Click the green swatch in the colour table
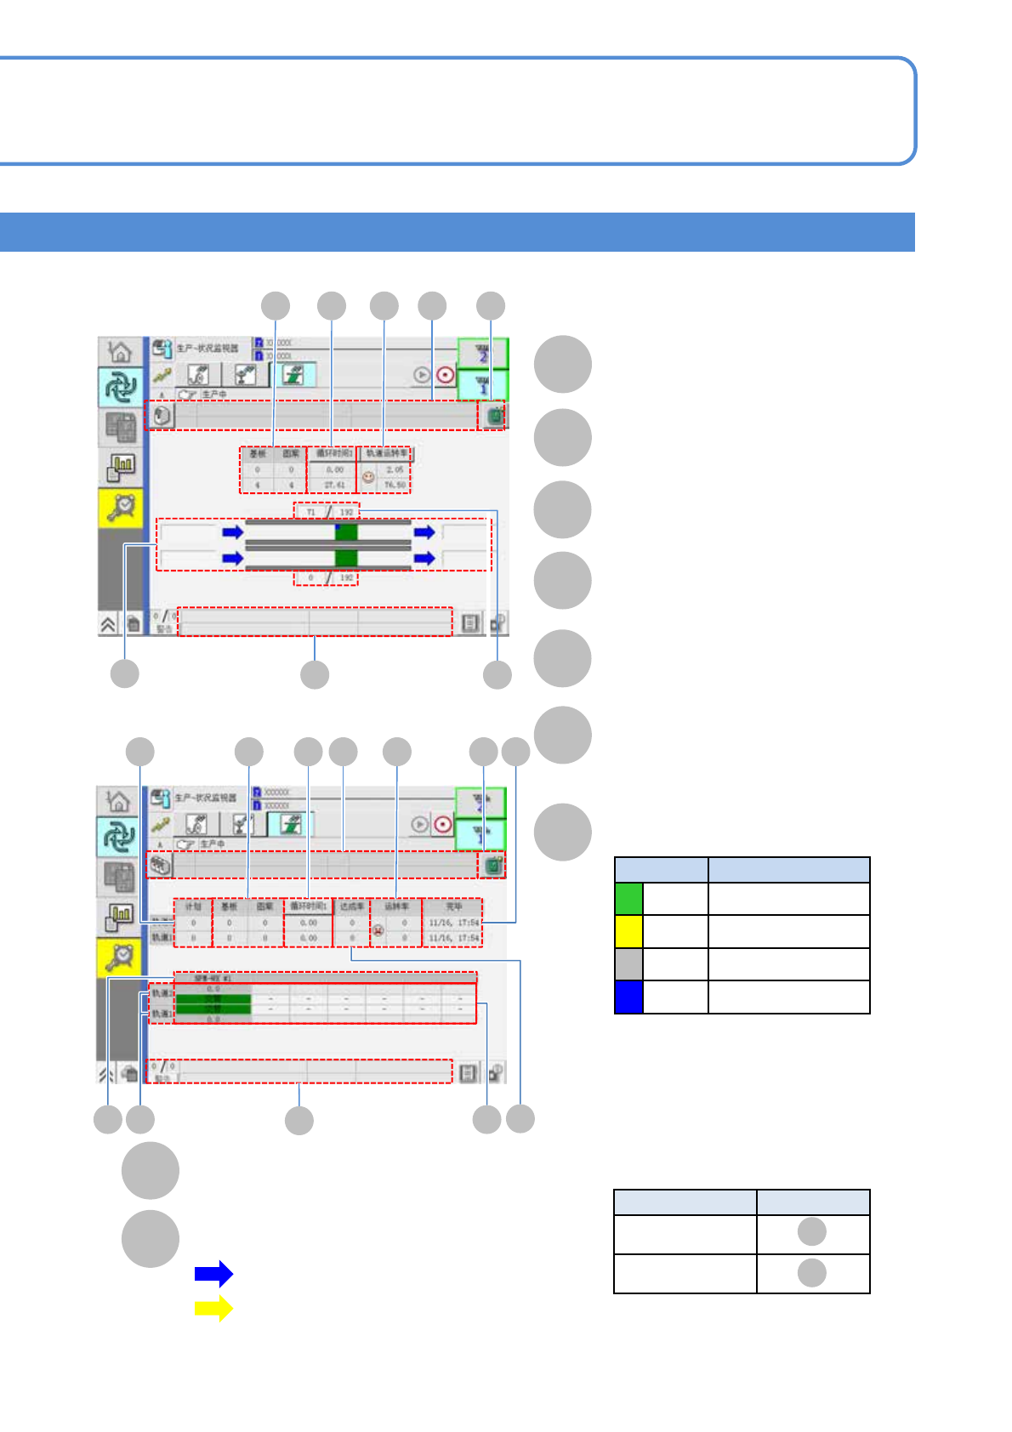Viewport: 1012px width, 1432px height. pos(628,899)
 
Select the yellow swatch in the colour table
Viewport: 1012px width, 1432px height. pos(628,931)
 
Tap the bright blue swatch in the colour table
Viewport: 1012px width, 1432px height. pos(628,997)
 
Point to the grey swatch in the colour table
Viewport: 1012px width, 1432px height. pos(628,964)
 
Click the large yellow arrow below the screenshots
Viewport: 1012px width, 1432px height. pos(213,1308)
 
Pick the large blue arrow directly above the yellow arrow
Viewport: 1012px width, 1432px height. pos(213,1273)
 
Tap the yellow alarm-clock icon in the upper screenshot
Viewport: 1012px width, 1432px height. pos(121,507)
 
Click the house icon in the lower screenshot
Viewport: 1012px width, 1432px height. pos(119,801)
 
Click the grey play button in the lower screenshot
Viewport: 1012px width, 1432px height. pos(419,824)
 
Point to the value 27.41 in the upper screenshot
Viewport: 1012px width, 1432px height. pos(334,485)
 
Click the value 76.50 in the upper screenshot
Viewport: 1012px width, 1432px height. pos(395,485)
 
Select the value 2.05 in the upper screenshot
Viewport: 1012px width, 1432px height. pos(395,469)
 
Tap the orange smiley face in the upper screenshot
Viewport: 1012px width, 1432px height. pos(368,477)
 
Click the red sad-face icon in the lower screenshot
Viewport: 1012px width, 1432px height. pos(378,930)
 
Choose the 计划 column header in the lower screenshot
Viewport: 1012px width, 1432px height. pos(193,906)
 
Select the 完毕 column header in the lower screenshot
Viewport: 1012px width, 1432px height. pos(453,906)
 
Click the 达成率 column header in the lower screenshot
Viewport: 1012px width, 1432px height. pos(351,906)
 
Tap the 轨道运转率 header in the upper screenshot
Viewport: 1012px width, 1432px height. pos(386,453)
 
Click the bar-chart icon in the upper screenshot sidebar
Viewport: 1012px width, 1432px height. pos(121,466)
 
